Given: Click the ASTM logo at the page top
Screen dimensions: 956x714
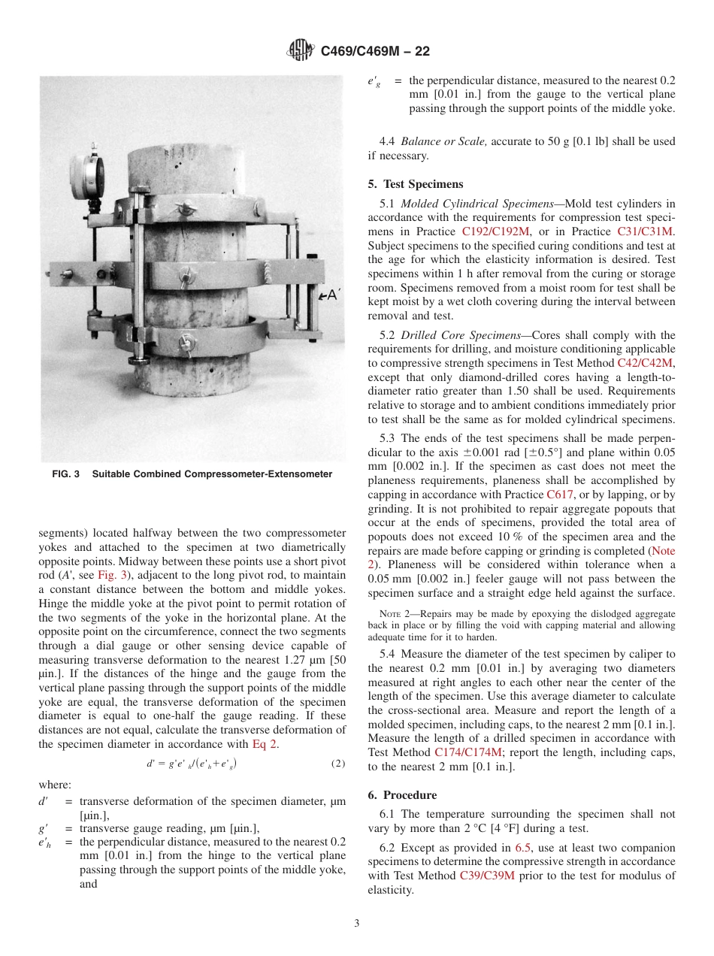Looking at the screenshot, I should [301, 50].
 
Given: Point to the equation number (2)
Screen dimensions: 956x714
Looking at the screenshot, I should [338, 764].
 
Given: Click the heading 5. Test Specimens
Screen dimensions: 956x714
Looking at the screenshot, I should [416, 184].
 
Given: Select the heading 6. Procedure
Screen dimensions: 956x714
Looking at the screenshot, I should [402, 795].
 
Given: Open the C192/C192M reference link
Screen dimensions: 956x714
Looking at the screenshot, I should [496, 231].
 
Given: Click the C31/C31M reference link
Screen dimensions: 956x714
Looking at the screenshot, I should [646, 231].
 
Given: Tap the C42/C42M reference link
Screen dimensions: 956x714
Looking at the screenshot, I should [645, 362].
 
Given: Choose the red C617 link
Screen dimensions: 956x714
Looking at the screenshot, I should [560, 495].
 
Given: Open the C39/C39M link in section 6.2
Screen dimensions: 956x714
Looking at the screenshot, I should [487, 876].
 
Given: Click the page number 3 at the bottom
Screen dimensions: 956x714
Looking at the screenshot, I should [357, 924].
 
